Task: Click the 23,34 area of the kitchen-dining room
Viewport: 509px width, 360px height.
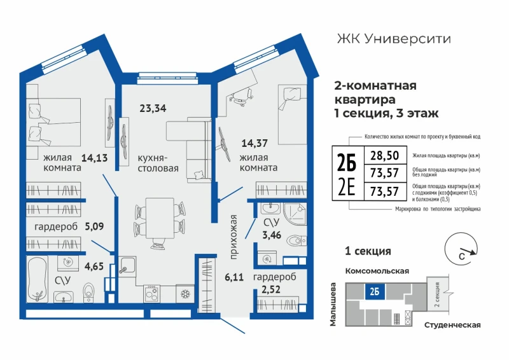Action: click(153, 107)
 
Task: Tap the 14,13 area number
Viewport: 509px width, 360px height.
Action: click(94, 158)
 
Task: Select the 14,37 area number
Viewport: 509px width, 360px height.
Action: click(254, 143)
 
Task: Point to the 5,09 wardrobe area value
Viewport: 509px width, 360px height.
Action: click(94, 226)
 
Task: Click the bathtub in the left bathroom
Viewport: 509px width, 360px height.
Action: click(38, 279)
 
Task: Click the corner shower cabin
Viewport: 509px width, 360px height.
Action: click(295, 215)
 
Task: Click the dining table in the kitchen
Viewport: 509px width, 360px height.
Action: click(160, 217)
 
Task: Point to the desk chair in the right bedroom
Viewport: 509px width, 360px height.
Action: click(242, 96)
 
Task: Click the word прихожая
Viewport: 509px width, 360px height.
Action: click(234, 237)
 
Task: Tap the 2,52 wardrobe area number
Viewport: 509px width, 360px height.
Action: click(271, 289)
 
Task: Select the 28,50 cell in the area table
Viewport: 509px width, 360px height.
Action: click(385, 155)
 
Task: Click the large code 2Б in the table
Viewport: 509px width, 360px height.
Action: click(346, 162)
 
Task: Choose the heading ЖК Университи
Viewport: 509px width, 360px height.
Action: click(394, 39)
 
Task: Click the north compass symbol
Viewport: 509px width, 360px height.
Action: click(461, 249)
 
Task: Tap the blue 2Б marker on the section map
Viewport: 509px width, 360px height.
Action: click(374, 291)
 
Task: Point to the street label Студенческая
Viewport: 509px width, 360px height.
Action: click(452, 325)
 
